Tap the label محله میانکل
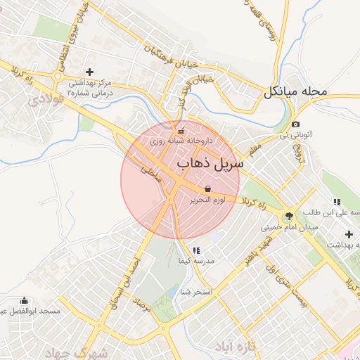click(296, 92)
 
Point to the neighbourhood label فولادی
click(46, 101)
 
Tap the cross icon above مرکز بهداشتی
click(89, 72)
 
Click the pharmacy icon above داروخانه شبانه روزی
click(181, 131)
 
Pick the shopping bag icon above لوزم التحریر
click(207, 189)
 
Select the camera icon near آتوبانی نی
click(296, 124)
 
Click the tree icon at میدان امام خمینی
click(289, 216)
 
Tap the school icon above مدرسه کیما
click(195, 250)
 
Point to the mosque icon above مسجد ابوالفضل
click(24, 301)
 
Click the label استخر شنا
click(198, 291)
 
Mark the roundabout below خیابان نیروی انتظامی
click(58, 75)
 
